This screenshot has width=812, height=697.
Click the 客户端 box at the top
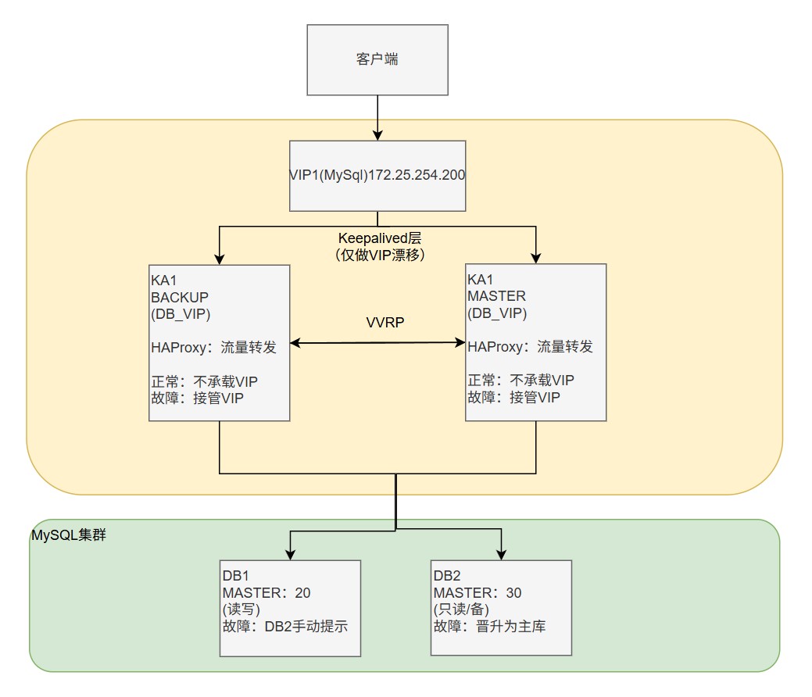click(377, 59)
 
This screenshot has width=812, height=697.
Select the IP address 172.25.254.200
click(417, 175)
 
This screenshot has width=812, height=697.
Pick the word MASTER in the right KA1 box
click(497, 296)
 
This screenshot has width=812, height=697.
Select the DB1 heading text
click(236, 576)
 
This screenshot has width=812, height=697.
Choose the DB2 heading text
click(447, 576)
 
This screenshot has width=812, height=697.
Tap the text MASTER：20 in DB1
click(266, 593)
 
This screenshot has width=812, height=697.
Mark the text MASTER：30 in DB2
click(477, 593)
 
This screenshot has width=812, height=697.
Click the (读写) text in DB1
click(241, 609)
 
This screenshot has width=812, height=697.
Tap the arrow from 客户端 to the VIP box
click(377, 117)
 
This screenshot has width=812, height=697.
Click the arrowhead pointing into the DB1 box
click(291, 554)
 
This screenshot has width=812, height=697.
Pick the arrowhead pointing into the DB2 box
click(501, 554)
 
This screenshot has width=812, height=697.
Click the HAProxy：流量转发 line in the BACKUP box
click(213, 347)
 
